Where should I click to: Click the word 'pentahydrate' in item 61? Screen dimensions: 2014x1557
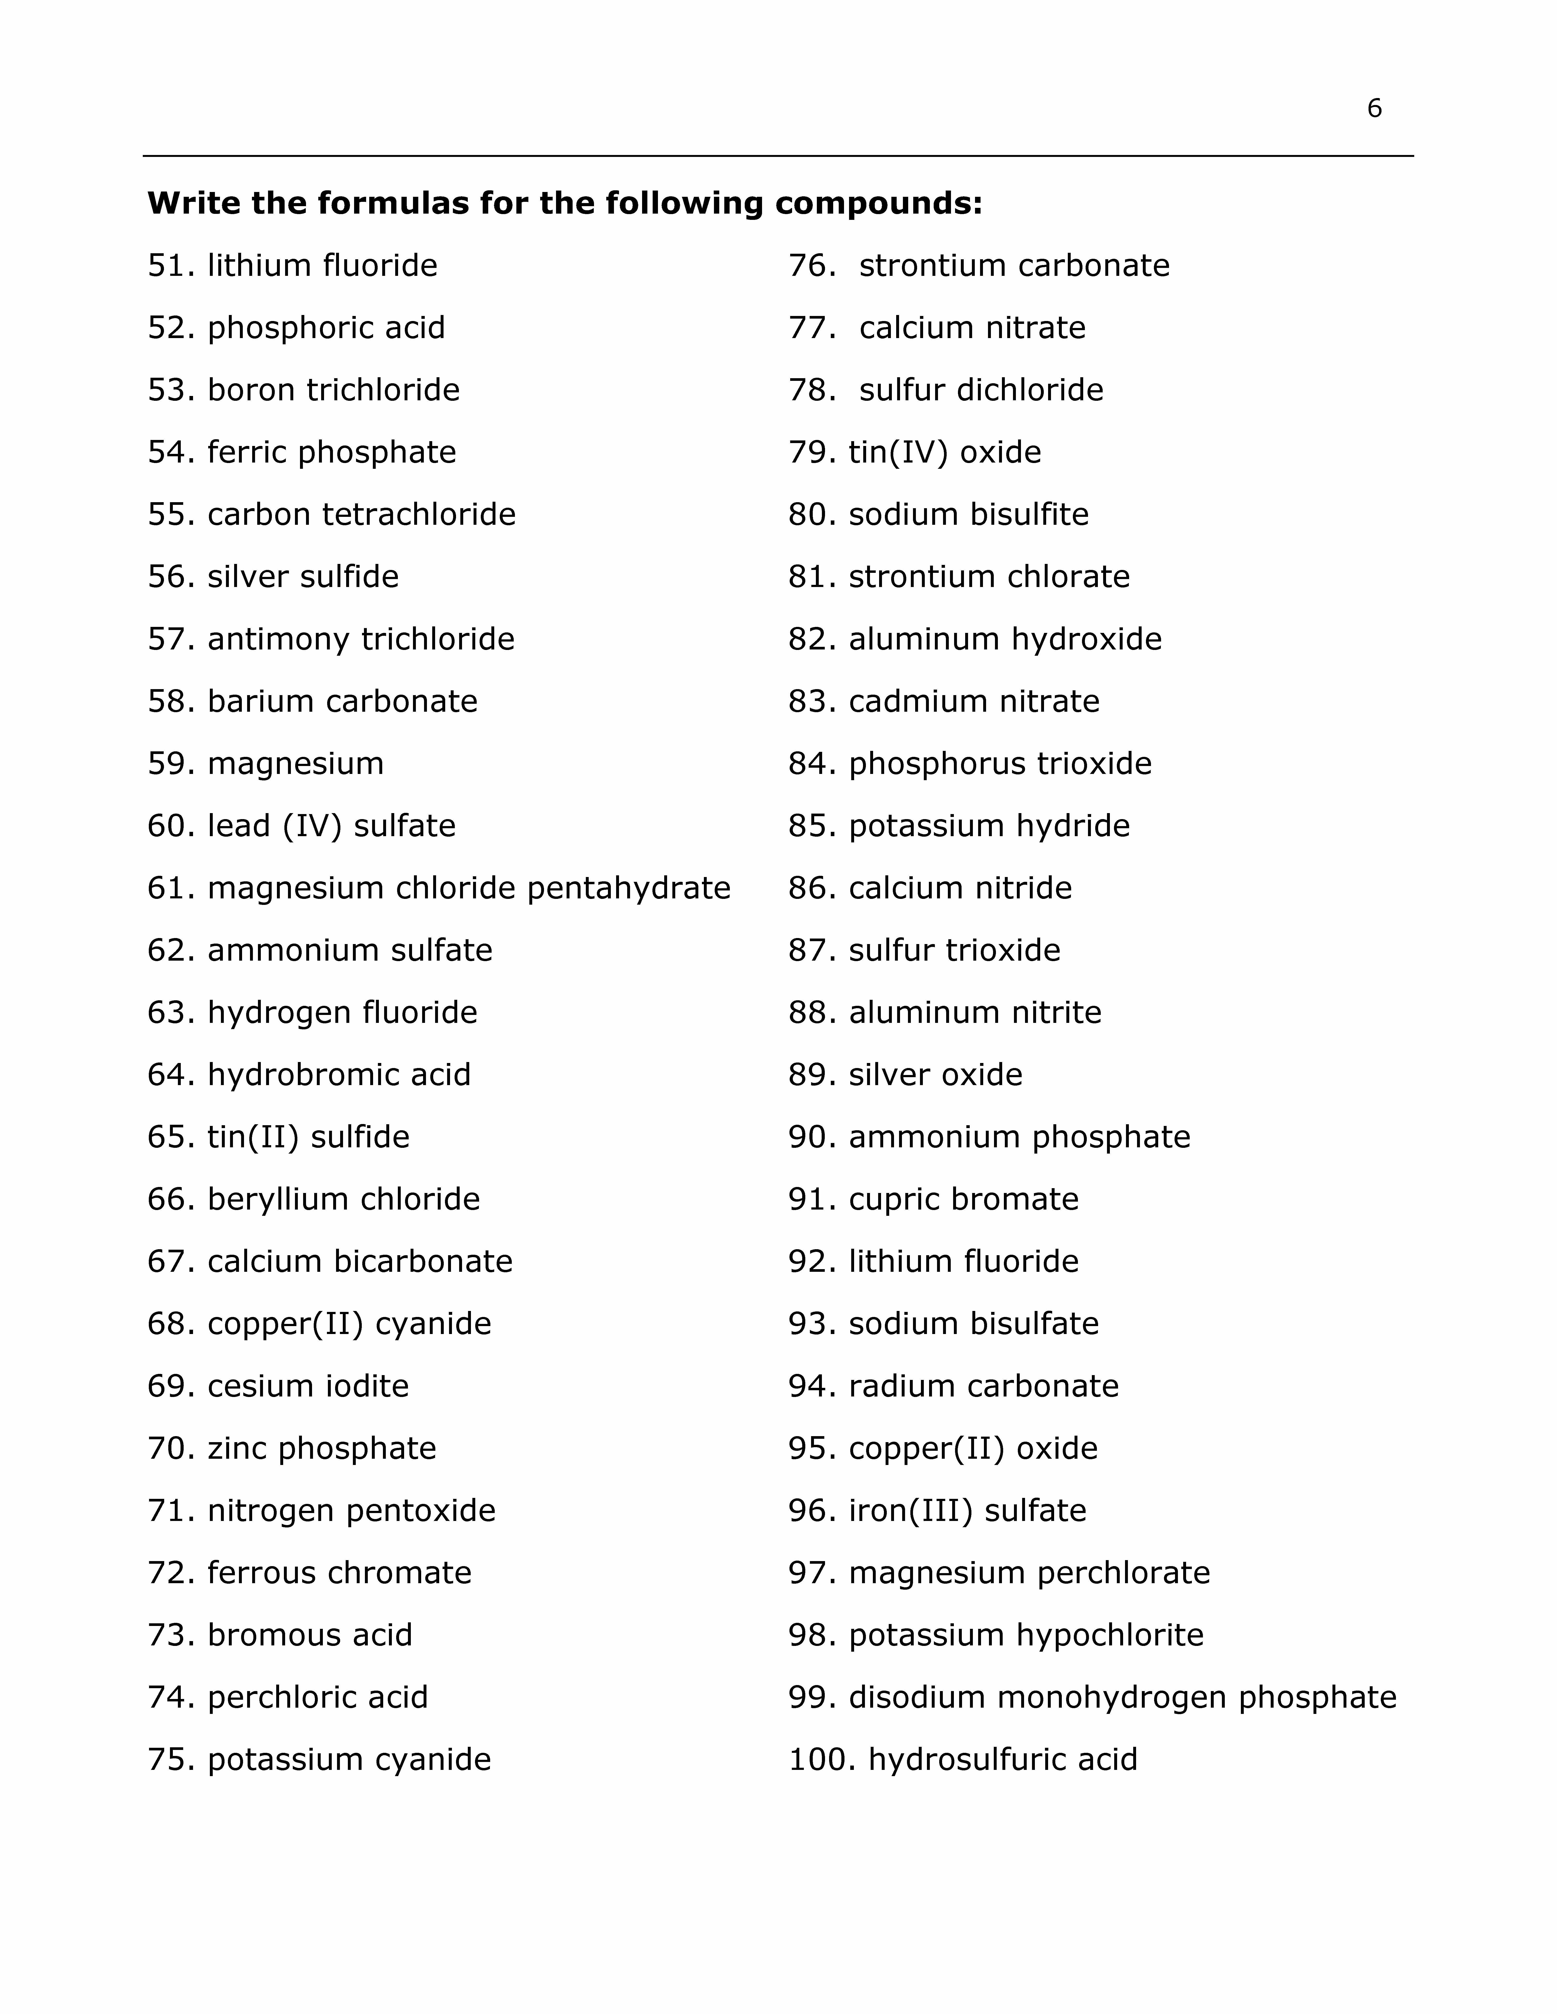(x=628, y=888)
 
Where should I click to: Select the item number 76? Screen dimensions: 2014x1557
(x=812, y=266)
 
